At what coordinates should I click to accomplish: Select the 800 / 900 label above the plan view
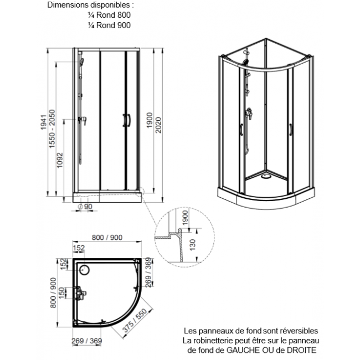tap(106, 238)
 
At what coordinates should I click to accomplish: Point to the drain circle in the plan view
tap(84, 270)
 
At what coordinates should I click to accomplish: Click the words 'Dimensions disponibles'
tap(90, 6)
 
